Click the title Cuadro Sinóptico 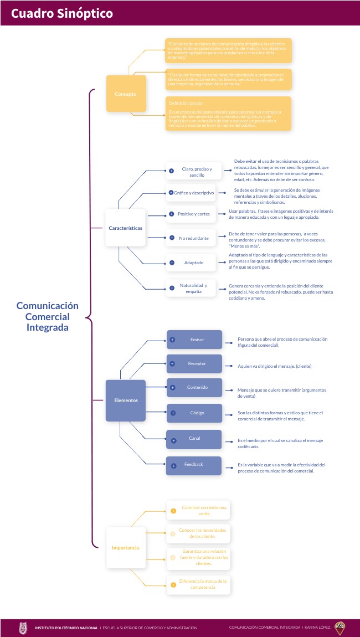point(62,14)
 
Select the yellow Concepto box point(126,94)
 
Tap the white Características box point(125,228)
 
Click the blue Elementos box point(126,400)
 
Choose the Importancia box point(126,547)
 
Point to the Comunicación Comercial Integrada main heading point(48,316)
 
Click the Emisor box point(194,340)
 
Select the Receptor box point(194,364)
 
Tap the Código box point(194,413)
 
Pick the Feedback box point(194,465)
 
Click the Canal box point(194,439)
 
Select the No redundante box point(191,238)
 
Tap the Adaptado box point(191,262)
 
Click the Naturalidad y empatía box point(191,288)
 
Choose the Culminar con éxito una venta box point(198,510)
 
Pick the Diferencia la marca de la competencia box point(198,584)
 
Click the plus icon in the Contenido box point(173,387)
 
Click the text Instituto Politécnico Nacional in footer point(66,628)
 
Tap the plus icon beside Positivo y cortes point(171,214)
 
